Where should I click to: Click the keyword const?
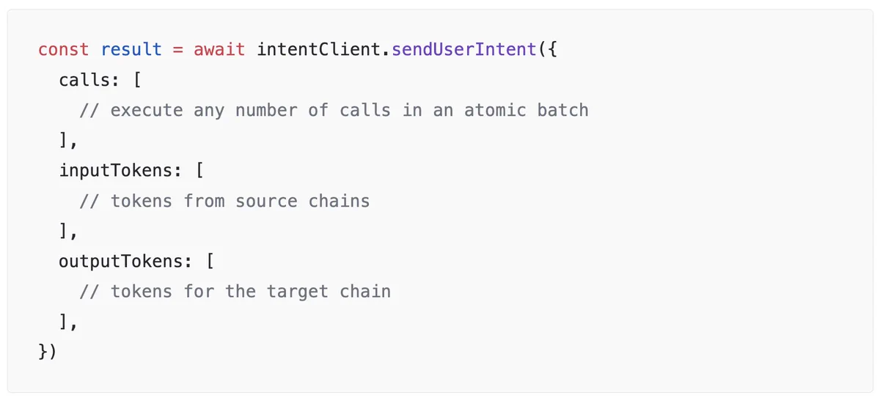coord(63,50)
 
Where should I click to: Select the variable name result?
coord(131,50)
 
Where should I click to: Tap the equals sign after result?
coord(177,50)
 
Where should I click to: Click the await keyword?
coord(219,50)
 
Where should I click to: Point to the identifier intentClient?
coord(318,50)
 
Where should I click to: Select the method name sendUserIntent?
coord(464,50)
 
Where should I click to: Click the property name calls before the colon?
coord(84,80)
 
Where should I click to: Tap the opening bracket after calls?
coord(138,80)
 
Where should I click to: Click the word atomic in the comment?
coord(495,111)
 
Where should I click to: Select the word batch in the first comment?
coord(562,111)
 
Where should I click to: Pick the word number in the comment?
coord(266,111)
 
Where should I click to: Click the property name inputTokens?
coord(115,171)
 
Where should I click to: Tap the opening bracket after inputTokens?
coord(200,171)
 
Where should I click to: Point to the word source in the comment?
coord(266,201)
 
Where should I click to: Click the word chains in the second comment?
coord(339,201)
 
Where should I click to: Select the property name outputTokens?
coord(120,261)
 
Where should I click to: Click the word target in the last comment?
coord(298,292)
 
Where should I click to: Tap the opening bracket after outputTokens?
coord(210,261)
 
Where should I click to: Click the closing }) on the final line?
coord(48,351)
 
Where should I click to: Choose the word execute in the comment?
coord(147,111)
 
